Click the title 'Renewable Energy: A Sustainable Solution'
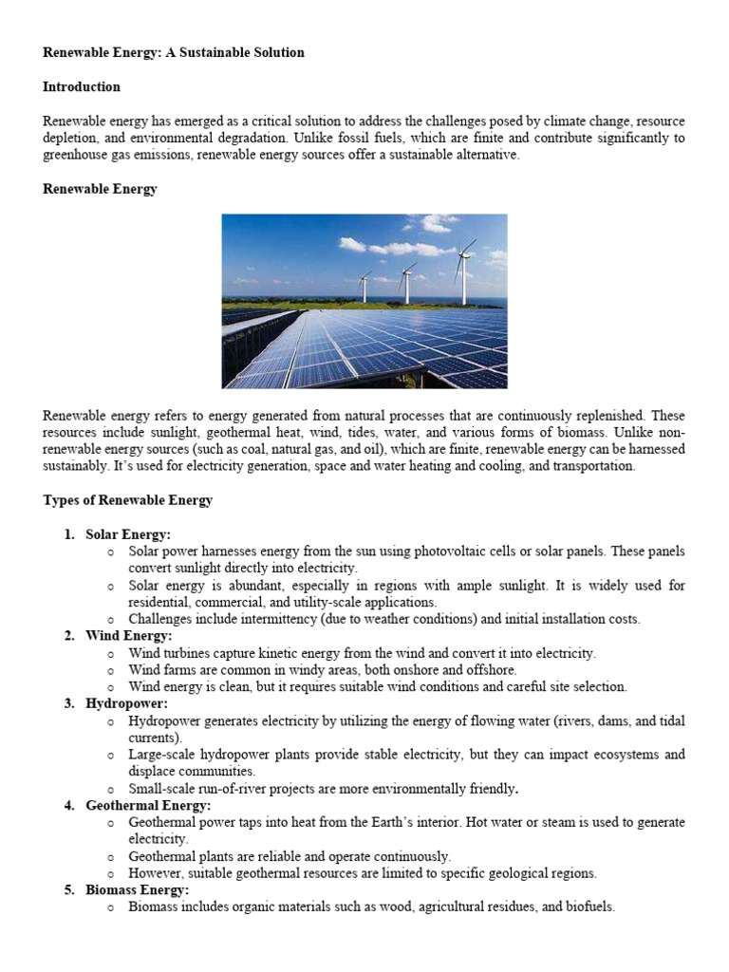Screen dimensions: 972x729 [x=174, y=52]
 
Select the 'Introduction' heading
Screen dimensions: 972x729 [x=82, y=86]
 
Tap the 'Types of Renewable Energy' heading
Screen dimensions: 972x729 [x=127, y=500]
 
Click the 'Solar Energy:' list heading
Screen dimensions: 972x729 [x=128, y=534]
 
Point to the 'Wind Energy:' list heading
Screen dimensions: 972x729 [x=128, y=635]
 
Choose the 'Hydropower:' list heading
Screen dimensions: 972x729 [x=126, y=703]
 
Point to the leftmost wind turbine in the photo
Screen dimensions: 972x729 [x=364, y=285]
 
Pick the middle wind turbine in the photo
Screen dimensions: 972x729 [x=406, y=281]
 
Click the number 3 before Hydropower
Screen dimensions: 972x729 [x=69, y=703]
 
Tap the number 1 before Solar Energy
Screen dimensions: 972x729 [x=69, y=534]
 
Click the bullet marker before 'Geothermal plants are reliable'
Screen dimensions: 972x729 [x=110, y=857]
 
